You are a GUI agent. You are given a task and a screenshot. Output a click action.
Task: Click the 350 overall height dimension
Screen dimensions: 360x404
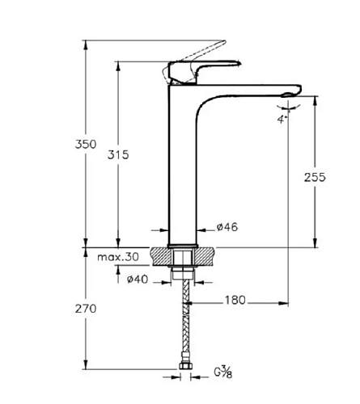click(86, 144)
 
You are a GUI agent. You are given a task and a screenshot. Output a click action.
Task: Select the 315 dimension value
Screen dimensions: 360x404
click(118, 155)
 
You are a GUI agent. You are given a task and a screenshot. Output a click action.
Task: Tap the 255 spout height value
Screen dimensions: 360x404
click(315, 177)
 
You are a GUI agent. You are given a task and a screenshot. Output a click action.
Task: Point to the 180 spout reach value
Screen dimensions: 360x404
click(235, 300)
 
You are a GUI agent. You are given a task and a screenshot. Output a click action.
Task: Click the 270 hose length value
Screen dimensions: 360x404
click(86, 309)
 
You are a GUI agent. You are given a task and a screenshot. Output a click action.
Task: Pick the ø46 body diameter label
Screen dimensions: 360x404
click(227, 227)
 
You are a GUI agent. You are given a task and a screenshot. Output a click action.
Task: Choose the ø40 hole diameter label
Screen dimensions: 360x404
click(138, 280)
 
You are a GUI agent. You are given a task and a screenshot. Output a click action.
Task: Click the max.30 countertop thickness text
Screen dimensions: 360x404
click(118, 257)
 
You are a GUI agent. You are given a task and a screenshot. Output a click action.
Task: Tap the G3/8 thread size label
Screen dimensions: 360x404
click(223, 372)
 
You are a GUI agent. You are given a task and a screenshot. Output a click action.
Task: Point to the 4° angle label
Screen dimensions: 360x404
click(281, 120)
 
